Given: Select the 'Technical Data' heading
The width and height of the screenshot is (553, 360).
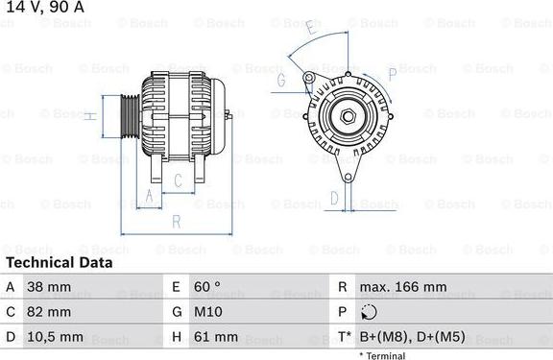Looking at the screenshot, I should (x=59, y=262).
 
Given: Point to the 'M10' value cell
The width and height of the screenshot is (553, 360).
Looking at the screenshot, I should (x=210, y=312).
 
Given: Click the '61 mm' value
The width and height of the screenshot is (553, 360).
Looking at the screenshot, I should (x=217, y=338).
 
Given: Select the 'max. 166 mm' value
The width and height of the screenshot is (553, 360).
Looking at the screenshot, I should (x=403, y=287).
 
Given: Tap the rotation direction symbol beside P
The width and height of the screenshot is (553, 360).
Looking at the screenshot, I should (x=370, y=312).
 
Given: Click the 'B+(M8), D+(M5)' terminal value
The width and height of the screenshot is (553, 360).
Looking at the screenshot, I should (x=413, y=338).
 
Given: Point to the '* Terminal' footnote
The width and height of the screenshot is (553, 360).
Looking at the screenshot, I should (x=382, y=355).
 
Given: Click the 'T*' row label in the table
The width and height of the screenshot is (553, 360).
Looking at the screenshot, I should (x=344, y=338).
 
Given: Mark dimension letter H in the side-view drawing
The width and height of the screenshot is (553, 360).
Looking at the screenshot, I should (x=88, y=116).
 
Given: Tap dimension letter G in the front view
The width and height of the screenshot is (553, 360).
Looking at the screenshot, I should (x=282, y=81).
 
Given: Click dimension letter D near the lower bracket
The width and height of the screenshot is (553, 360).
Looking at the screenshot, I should (x=334, y=199).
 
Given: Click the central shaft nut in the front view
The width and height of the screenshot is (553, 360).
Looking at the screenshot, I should (x=348, y=117).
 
